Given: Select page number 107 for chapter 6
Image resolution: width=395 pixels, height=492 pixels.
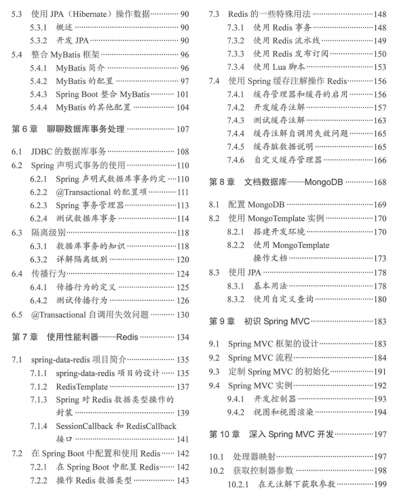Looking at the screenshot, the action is tap(181, 128).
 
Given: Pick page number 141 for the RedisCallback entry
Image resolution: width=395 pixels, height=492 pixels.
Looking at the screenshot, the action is tap(182, 439).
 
